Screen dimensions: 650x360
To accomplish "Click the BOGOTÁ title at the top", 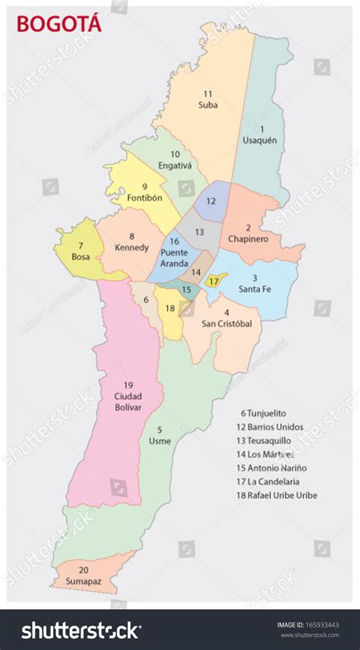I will click(x=58, y=24).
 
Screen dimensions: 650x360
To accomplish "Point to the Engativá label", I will click(x=175, y=164).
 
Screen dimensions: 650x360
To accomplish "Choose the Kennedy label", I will click(x=131, y=248).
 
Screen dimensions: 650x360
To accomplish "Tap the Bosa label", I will click(x=81, y=257).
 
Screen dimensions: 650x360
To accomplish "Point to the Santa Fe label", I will click(x=254, y=289).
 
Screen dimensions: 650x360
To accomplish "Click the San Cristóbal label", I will click(x=226, y=323).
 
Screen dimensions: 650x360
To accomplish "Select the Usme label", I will click(x=159, y=440).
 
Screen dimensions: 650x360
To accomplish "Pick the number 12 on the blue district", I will click(x=210, y=201).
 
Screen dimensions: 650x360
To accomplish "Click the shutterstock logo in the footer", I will click(x=81, y=630).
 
